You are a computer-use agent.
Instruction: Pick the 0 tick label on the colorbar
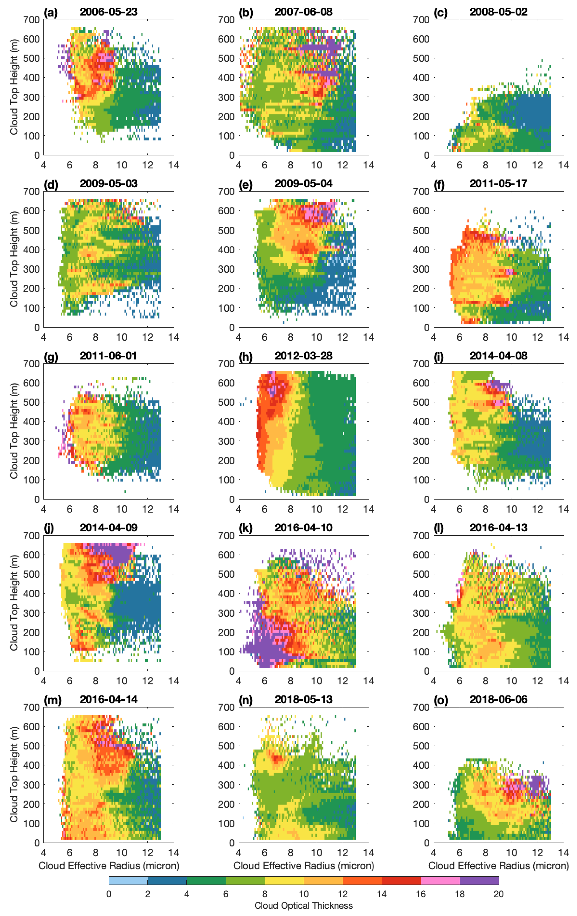(x=109, y=894)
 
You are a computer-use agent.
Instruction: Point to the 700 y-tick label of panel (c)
(x=421, y=20)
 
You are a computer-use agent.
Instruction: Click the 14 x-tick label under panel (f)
(x=563, y=337)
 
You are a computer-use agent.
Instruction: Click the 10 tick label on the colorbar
(x=303, y=894)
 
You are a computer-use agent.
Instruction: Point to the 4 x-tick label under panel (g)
(x=44, y=509)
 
